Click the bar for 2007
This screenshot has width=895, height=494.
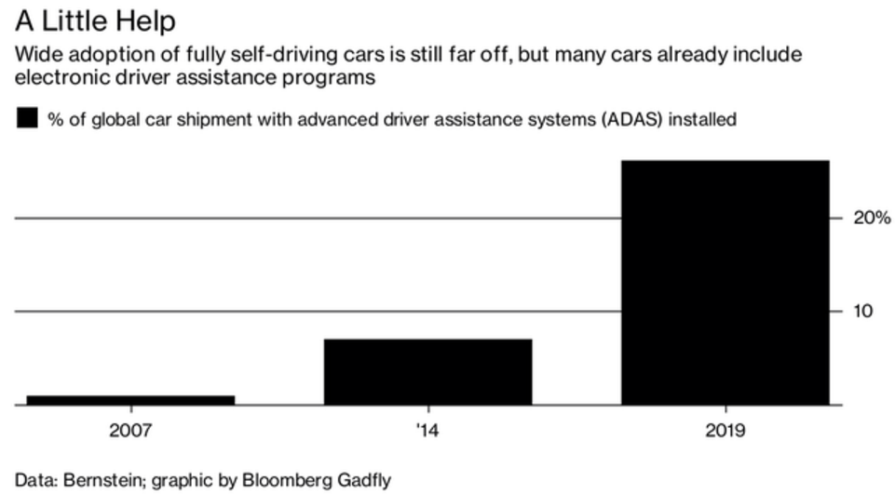pos(130,399)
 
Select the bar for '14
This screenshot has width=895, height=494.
pos(427,371)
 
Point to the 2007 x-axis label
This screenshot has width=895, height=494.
pos(130,431)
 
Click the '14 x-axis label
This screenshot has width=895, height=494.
pos(427,431)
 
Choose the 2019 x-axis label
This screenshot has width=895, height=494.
pos(725,431)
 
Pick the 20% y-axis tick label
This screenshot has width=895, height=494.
pos(872,218)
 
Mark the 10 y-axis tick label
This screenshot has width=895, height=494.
pos(863,311)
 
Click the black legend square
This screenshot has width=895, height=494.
pos(27,118)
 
